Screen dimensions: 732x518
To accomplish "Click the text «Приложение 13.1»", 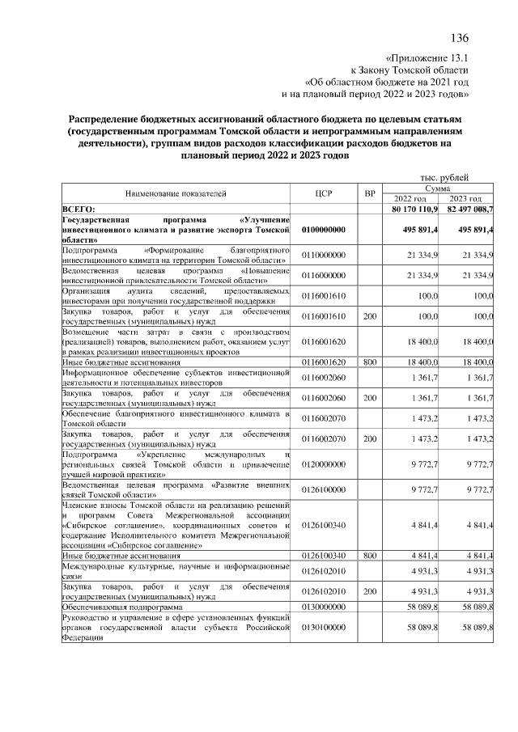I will pos(429,58).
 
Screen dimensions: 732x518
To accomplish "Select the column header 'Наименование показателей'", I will pos(175,193).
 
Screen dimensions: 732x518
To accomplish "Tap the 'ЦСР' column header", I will pos(324,193).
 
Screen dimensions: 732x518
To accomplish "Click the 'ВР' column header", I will pos(369,193).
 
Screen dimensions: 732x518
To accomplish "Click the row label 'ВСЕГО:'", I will pos(79,208).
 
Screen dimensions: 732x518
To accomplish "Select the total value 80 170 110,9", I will pos(414,208).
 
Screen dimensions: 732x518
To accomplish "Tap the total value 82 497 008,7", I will pos(469,208).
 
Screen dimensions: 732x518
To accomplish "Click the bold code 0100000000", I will pos(324,230).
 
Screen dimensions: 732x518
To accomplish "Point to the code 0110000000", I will pos(324,256).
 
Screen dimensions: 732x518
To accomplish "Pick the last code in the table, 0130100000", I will pos(324,627).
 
